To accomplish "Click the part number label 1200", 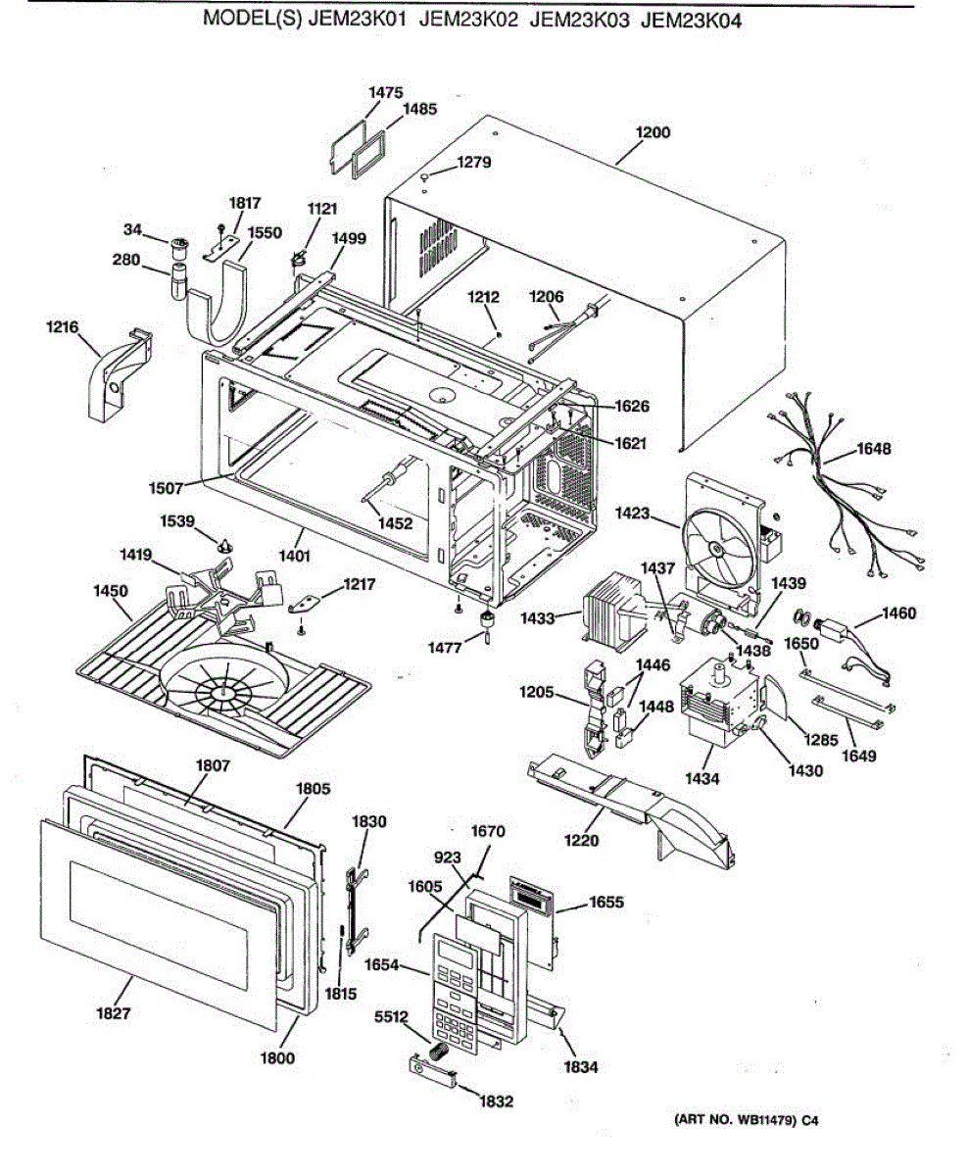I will click(653, 132).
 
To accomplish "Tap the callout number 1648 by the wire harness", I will click(874, 449).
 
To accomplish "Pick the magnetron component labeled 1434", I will click(725, 701).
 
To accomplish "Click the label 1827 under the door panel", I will click(114, 1013).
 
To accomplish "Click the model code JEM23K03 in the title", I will click(581, 20).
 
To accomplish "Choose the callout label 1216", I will click(63, 326).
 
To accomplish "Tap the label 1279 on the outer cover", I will click(474, 162).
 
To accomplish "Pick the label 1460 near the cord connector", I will click(898, 613).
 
